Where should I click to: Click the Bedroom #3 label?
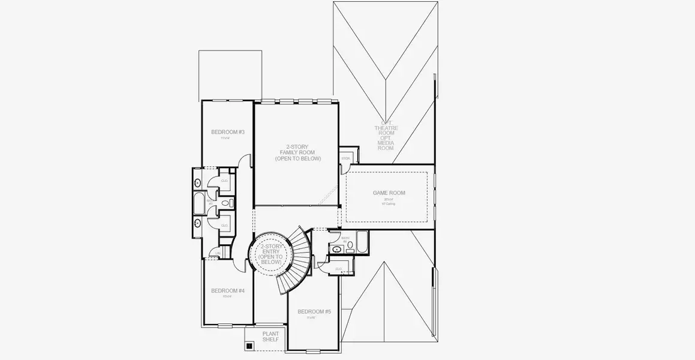[227, 132]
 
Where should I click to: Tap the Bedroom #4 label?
[227, 291]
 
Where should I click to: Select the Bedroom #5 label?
[314, 311]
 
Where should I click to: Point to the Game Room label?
[389, 193]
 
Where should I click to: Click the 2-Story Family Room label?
[297, 152]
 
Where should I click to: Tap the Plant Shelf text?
[270, 337]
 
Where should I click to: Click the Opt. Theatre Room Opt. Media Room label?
[386, 137]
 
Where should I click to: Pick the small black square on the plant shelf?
[249, 346]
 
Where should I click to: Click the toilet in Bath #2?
[350, 245]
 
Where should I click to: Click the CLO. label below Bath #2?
[339, 269]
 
